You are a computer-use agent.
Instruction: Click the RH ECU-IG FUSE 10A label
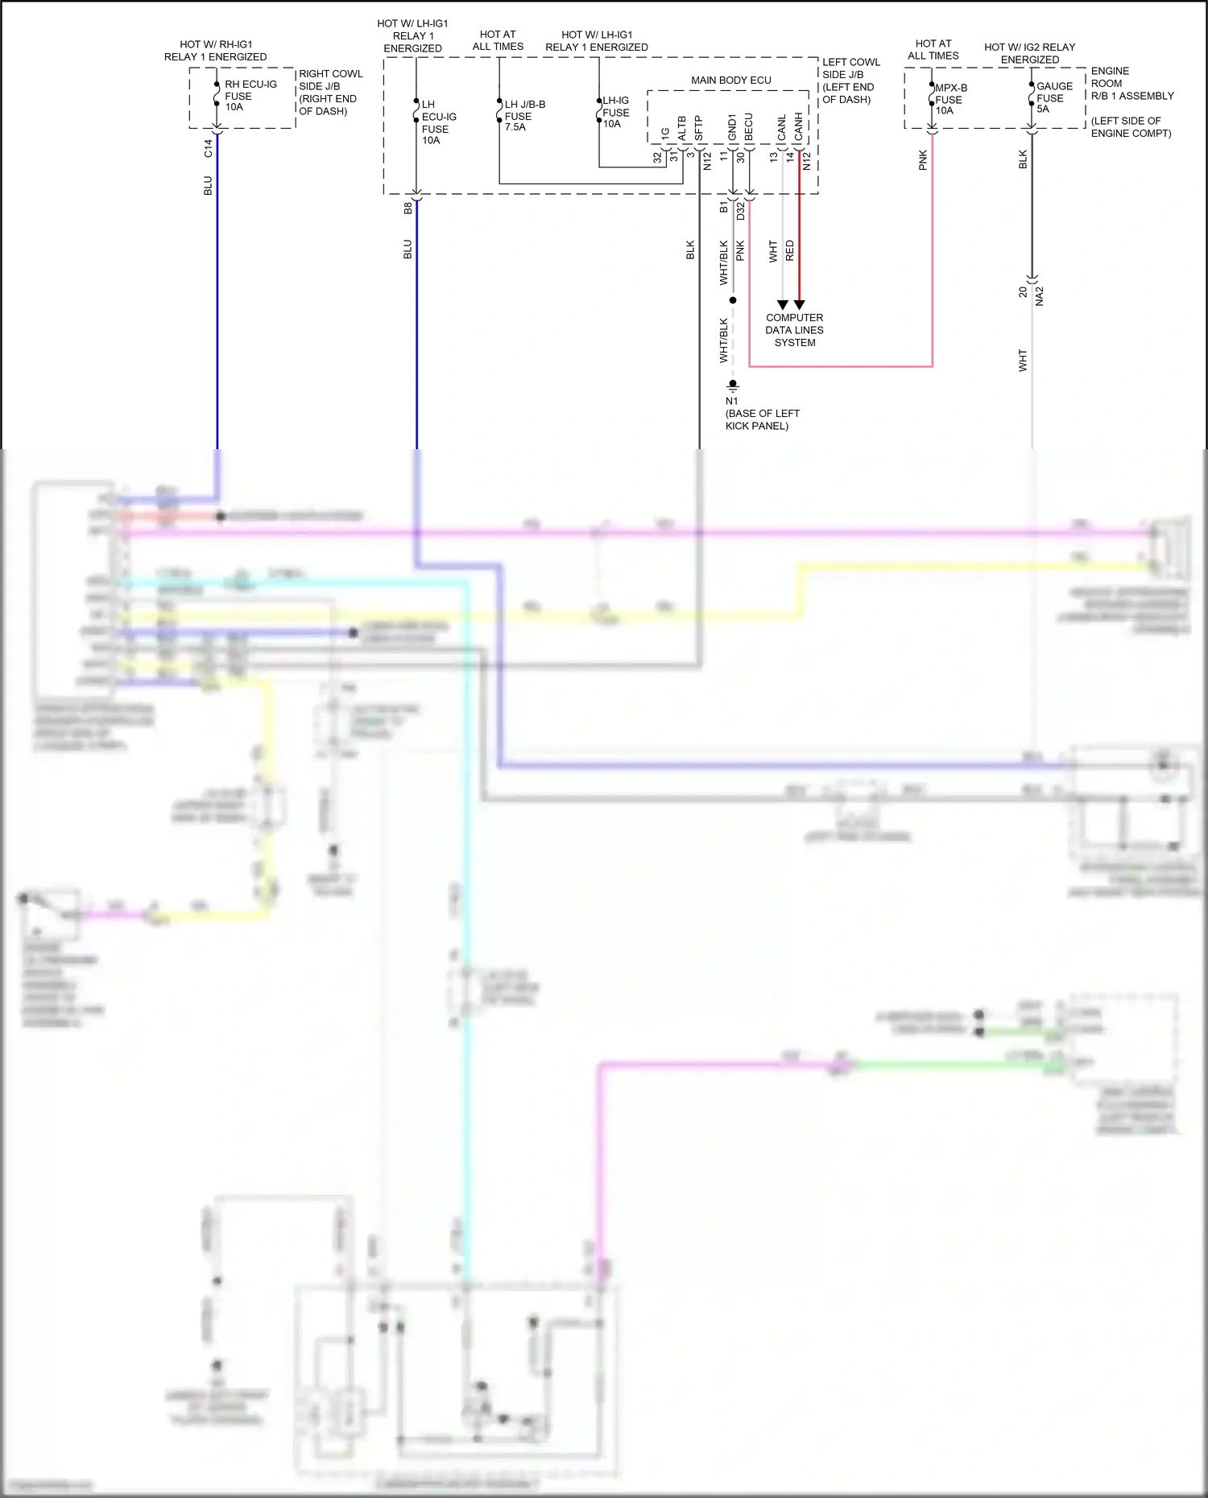(250, 95)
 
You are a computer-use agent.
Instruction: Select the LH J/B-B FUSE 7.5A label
(524, 115)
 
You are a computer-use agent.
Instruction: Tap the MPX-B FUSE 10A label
(950, 99)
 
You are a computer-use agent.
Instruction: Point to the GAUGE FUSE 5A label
(1053, 97)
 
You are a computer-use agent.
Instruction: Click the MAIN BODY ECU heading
(730, 80)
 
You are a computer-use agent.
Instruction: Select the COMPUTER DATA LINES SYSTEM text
(794, 330)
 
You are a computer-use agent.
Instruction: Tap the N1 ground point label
(731, 401)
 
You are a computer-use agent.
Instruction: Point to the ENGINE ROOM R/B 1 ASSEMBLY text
(1131, 84)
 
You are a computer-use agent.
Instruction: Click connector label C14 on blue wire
(208, 147)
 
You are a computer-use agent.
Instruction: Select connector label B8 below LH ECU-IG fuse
(407, 208)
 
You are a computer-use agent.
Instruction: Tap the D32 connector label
(740, 212)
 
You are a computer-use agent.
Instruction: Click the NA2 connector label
(1040, 295)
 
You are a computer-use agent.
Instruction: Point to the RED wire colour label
(790, 250)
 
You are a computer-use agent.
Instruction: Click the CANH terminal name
(798, 126)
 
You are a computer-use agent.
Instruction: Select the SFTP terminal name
(698, 129)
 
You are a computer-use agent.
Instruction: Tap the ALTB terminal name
(681, 129)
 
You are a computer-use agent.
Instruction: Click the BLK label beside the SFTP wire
(690, 250)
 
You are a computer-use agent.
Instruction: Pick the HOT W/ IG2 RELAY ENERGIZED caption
(1029, 53)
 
